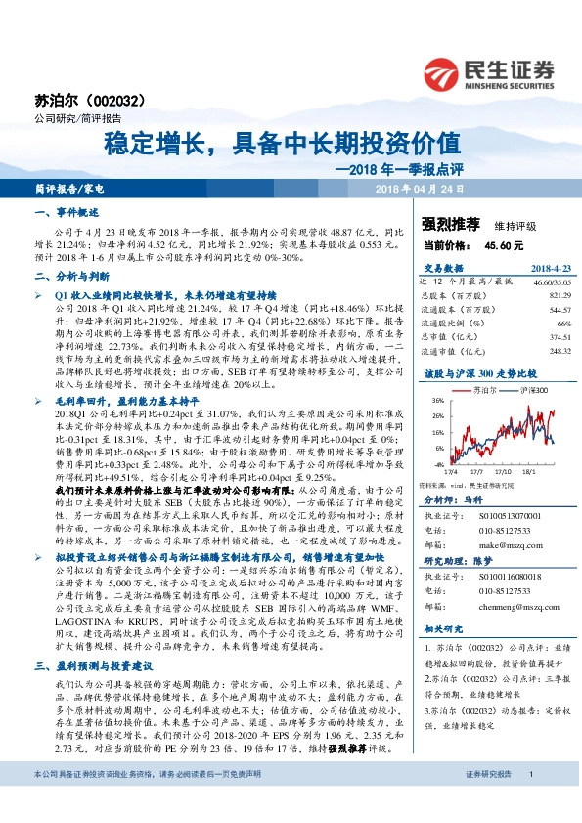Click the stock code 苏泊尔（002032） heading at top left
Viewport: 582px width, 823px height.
click(x=77, y=100)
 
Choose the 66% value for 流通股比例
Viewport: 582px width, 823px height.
click(x=562, y=322)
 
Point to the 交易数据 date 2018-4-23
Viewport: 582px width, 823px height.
click(x=549, y=267)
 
